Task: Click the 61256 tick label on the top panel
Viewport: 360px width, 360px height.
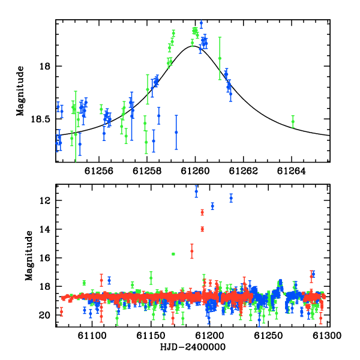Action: point(99,171)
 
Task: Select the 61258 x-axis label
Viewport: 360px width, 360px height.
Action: point(147,171)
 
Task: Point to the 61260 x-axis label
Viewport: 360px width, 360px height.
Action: point(195,171)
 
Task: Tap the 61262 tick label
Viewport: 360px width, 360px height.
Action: point(244,171)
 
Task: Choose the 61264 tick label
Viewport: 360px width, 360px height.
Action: point(292,171)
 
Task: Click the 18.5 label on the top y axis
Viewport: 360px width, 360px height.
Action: point(40,119)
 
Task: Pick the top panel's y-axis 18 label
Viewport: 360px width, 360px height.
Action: point(45,67)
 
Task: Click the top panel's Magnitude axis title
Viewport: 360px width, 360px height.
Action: point(20,91)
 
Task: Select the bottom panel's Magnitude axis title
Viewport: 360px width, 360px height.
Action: point(29,256)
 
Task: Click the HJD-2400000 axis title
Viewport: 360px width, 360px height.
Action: point(193,347)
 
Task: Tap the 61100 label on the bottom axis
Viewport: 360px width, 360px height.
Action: point(92,335)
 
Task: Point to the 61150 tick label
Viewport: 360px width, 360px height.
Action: point(151,335)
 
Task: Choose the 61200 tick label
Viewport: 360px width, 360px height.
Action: point(209,335)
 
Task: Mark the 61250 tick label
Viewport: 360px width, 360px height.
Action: point(268,335)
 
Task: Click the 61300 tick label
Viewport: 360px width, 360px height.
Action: point(327,335)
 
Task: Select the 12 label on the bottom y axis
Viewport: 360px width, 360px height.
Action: point(45,201)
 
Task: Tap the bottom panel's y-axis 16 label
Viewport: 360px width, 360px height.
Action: point(45,258)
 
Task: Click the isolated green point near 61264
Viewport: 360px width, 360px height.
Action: point(293,121)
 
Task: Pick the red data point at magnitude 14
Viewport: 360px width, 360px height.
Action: point(202,229)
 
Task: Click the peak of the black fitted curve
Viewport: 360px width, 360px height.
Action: point(193,46)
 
